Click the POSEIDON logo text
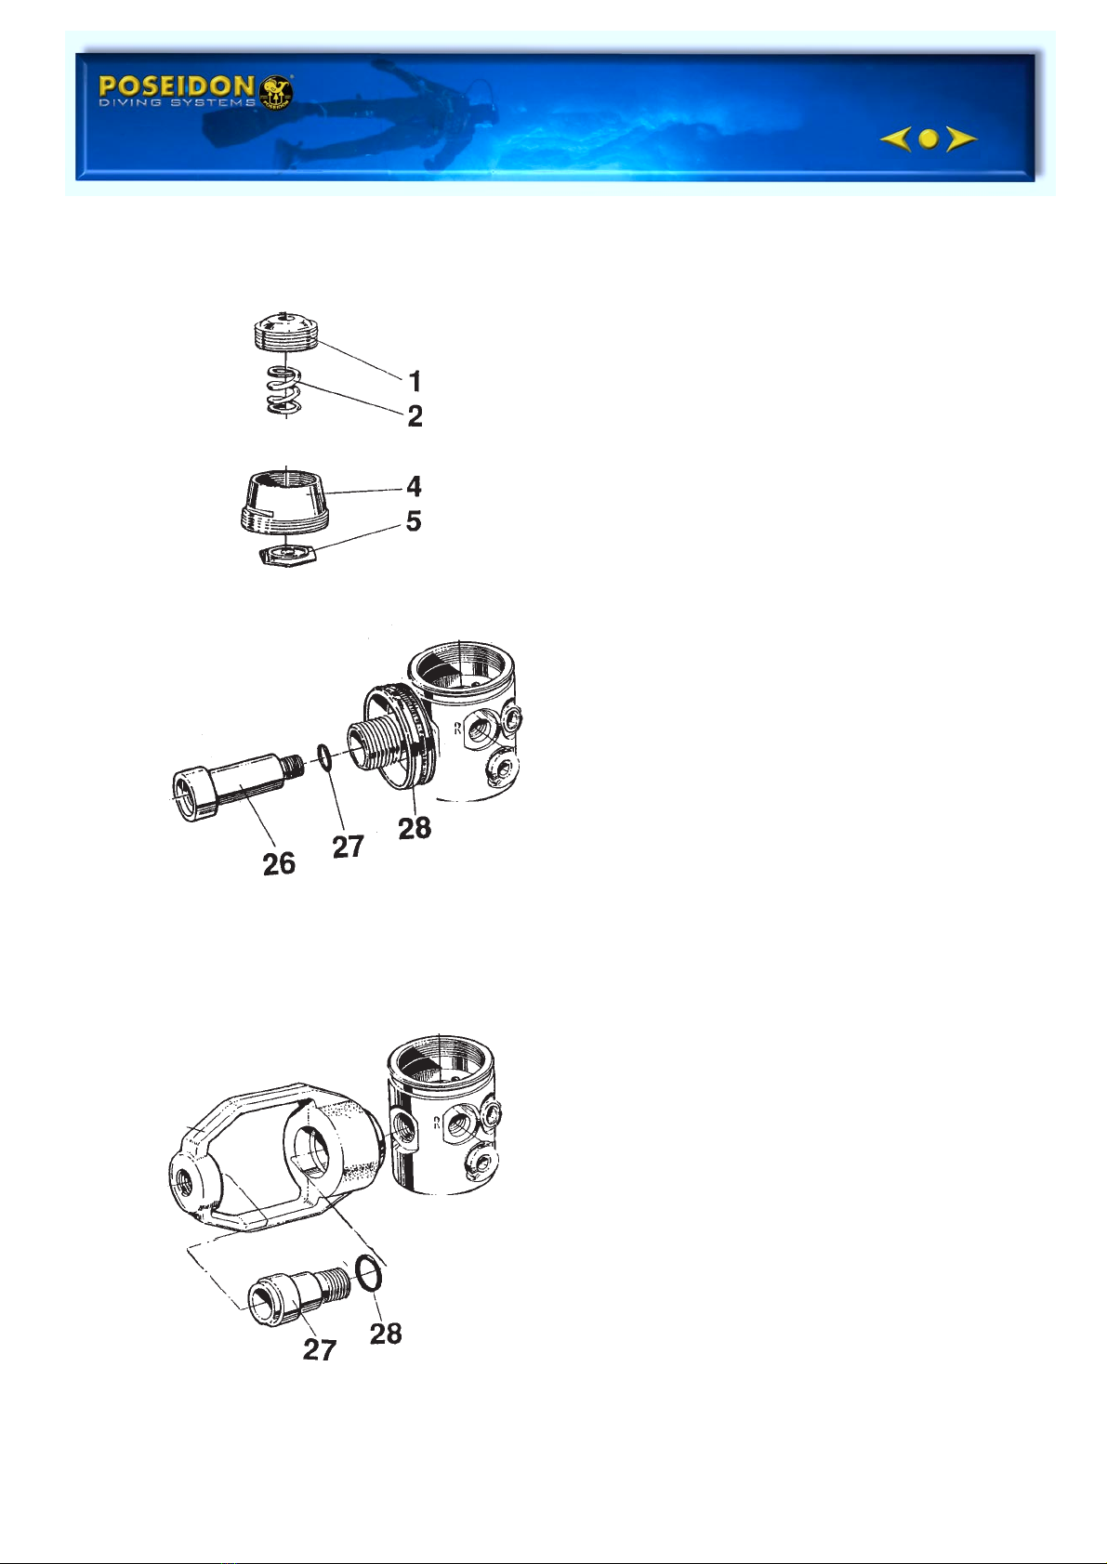point(177,86)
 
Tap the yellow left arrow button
point(895,139)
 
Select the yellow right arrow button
point(961,139)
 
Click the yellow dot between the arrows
point(929,139)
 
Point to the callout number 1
point(415,382)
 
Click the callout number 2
point(415,416)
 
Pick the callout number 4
point(415,487)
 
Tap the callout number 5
point(415,520)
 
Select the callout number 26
point(279,864)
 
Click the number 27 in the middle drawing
point(348,847)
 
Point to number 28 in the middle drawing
point(415,829)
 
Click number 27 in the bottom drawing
point(319,1349)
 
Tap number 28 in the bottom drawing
point(386,1334)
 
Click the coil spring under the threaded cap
point(285,390)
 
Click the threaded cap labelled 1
point(285,331)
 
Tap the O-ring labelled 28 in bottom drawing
point(368,1273)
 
